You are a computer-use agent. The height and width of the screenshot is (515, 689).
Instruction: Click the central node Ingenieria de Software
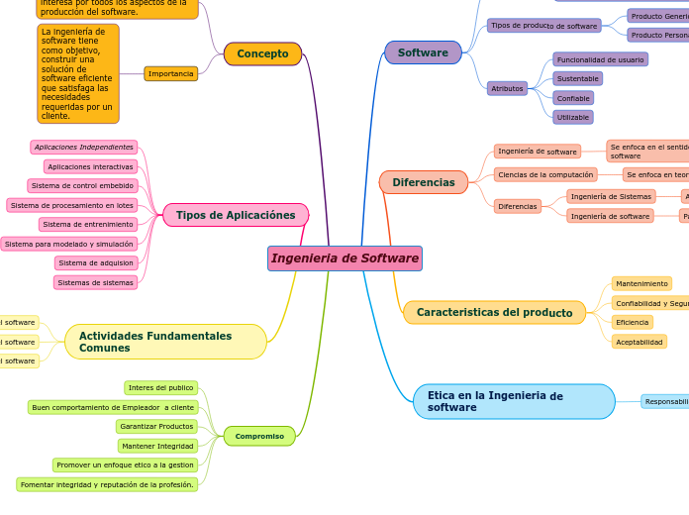tap(344, 258)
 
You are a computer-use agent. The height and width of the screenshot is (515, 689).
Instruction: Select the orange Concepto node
tap(262, 53)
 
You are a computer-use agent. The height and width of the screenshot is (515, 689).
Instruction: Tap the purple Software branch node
tap(423, 52)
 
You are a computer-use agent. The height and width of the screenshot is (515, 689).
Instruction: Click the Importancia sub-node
tap(170, 73)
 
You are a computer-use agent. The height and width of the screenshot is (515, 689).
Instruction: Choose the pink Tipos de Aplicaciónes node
tap(236, 215)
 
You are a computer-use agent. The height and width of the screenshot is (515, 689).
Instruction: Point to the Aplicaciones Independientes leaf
tap(83, 148)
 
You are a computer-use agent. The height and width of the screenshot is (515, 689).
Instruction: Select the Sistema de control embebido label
tap(82, 186)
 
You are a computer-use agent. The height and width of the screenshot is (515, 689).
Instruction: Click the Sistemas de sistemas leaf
tap(95, 282)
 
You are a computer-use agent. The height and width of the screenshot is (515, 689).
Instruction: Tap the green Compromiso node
tap(259, 436)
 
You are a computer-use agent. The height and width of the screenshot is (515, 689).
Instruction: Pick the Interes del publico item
tap(160, 388)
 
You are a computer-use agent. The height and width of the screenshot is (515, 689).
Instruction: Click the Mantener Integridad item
tap(157, 446)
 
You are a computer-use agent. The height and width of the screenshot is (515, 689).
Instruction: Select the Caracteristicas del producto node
tap(494, 312)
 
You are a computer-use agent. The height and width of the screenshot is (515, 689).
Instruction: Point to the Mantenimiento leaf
tap(641, 283)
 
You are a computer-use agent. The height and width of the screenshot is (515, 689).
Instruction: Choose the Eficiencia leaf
tap(632, 322)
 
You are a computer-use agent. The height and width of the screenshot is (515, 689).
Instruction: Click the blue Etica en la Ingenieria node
tap(514, 401)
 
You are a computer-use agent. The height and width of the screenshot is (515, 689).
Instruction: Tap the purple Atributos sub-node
tap(507, 88)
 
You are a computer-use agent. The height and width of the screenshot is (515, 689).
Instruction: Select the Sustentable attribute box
tap(577, 78)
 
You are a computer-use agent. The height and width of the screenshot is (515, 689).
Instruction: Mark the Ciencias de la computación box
tap(545, 174)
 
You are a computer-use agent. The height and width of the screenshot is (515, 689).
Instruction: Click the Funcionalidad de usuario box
tap(600, 59)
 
